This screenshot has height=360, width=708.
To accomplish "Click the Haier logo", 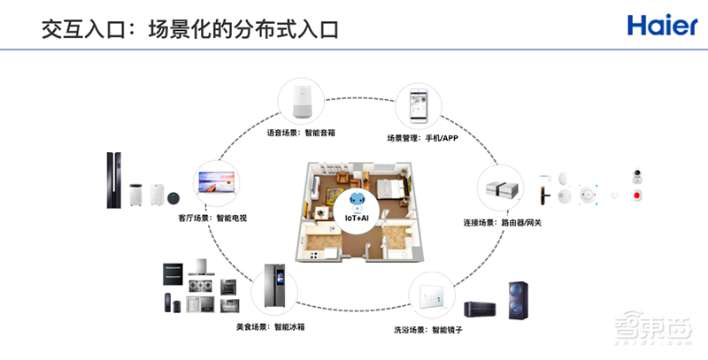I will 662,25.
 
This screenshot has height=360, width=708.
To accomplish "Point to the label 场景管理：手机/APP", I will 422,139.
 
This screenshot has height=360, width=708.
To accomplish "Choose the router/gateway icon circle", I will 502,189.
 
